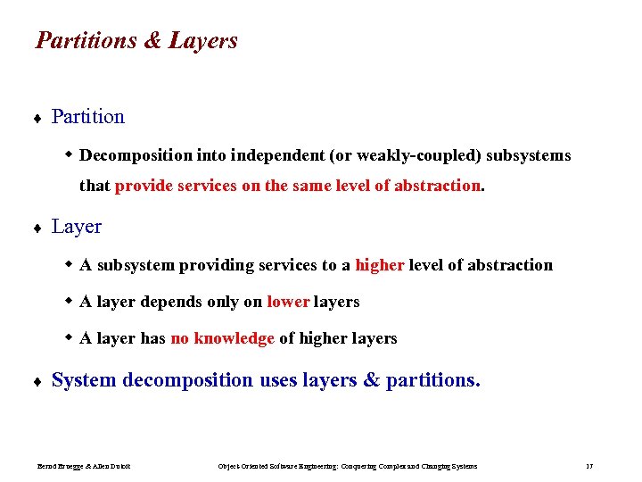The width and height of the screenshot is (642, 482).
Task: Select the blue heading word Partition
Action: click(87, 117)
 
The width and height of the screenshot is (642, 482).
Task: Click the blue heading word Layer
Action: click(76, 227)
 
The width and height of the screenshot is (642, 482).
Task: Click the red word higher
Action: click(379, 265)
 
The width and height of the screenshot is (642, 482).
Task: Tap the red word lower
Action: click(287, 302)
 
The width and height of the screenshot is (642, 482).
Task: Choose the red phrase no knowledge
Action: click(222, 338)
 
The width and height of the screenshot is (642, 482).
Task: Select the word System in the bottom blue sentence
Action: click(84, 380)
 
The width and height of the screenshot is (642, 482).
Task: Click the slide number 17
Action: click(589, 466)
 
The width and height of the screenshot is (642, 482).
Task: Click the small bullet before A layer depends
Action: click(69, 302)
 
